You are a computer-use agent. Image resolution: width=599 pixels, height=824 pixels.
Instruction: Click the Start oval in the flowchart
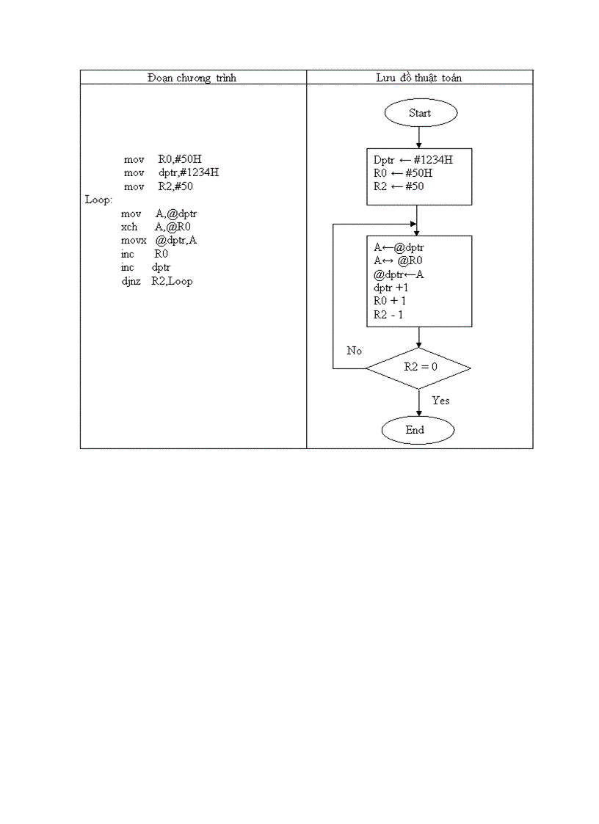[x=420, y=113]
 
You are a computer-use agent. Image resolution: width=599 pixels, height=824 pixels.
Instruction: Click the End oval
[x=418, y=430]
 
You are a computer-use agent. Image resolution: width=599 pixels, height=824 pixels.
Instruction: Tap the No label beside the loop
[x=355, y=351]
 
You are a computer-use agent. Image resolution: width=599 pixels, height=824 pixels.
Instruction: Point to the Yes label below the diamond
[x=440, y=401]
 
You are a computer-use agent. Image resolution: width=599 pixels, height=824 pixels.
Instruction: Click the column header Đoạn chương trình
[x=192, y=78]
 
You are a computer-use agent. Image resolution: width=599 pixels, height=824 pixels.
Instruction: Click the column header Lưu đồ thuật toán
[x=419, y=78]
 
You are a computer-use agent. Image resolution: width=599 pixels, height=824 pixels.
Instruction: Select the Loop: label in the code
[x=99, y=200]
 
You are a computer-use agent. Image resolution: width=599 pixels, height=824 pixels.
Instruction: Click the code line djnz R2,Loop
[x=158, y=281]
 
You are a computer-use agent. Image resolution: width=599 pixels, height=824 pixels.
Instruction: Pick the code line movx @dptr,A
[x=159, y=241]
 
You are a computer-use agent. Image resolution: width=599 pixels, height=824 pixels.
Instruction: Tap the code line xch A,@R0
[x=156, y=227]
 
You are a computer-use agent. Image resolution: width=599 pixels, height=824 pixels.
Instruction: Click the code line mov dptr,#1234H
[x=170, y=172]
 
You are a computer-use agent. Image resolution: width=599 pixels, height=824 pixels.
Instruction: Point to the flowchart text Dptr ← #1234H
[x=413, y=160]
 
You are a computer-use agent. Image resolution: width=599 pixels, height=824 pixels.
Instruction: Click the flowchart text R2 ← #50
[x=399, y=186]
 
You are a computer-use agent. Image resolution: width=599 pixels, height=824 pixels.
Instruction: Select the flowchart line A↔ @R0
[x=398, y=260]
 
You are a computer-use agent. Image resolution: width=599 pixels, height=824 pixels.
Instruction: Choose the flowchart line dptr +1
[x=391, y=288]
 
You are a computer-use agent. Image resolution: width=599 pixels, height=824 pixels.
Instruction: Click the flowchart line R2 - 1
[x=388, y=315]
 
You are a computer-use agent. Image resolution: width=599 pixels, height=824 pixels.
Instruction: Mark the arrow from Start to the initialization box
[x=418, y=137]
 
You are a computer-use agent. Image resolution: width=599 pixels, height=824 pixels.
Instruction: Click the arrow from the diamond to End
[x=418, y=403]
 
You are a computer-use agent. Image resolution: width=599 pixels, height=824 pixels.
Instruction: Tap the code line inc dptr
[x=146, y=268]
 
